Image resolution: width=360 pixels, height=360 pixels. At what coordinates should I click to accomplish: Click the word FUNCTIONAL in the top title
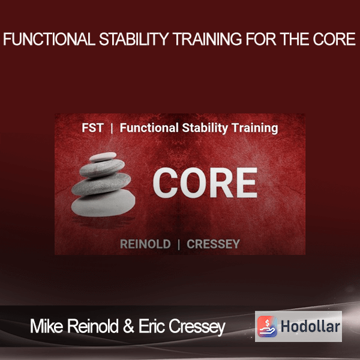49,39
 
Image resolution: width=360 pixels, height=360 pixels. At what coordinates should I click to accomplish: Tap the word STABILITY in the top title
134,39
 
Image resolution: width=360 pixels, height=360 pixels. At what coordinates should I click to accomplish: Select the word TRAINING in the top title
208,39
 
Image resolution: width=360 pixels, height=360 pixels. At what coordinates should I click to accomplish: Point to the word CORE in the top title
334,39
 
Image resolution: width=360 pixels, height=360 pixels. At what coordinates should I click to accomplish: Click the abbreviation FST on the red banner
93,128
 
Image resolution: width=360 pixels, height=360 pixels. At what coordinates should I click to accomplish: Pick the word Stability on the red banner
205,128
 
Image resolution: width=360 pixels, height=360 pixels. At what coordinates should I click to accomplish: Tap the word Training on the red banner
254,128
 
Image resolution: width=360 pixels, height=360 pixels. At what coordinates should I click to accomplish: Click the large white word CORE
205,183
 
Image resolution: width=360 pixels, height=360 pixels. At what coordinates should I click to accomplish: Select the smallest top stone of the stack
103,157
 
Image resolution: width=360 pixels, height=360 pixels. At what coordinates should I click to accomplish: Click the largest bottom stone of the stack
103,203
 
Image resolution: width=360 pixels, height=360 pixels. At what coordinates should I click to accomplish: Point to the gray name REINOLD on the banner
145,244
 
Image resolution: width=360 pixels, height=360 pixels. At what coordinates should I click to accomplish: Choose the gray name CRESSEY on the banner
213,244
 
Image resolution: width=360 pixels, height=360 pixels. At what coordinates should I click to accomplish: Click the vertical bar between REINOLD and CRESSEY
179,244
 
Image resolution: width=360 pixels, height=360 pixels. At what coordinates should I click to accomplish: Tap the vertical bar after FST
112,128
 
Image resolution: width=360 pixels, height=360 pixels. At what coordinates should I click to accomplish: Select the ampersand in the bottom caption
128,326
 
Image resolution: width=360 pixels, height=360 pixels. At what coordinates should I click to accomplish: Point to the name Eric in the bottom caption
152,326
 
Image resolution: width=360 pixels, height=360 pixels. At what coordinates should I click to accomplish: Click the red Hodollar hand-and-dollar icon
267,326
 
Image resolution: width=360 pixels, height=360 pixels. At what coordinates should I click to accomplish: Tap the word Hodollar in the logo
310,326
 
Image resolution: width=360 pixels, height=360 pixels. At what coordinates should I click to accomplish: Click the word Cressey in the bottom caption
197,327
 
